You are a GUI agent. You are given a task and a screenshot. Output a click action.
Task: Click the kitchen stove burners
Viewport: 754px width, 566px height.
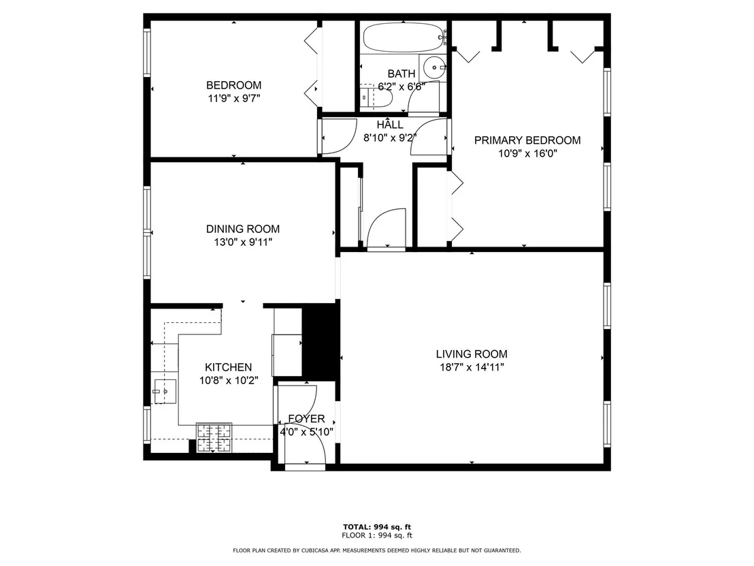click(x=214, y=437)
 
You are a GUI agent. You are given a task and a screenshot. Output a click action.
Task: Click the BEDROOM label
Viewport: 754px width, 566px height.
click(x=233, y=85)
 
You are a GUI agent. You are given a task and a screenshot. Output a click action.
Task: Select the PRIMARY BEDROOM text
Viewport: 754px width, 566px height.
click(x=527, y=140)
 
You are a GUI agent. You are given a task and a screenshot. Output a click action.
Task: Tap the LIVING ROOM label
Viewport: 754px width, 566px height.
click(x=472, y=354)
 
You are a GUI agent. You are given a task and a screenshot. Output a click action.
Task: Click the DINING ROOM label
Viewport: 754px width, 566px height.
click(x=243, y=229)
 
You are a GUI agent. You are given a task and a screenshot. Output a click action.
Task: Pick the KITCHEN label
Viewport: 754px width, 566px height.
click(x=229, y=367)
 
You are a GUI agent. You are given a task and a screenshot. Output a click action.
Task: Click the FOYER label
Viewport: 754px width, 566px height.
click(x=306, y=419)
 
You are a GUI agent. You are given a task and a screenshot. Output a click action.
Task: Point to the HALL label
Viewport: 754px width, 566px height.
click(x=390, y=125)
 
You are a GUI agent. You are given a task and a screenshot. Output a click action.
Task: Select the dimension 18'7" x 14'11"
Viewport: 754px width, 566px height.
click(x=472, y=368)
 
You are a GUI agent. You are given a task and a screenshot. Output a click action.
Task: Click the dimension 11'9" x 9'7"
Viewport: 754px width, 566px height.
click(x=233, y=99)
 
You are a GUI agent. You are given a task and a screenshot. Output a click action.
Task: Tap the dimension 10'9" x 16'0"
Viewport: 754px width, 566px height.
click(x=527, y=153)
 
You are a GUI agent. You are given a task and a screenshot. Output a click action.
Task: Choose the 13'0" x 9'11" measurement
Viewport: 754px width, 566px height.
click(x=243, y=242)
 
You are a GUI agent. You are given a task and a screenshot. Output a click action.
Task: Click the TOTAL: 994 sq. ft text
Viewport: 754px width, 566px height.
click(x=377, y=527)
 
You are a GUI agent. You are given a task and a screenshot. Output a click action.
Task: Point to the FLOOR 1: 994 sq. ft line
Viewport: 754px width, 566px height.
click(x=377, y=535)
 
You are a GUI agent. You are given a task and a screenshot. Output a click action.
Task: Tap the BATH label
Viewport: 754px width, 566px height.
click(x=401, y=74)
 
